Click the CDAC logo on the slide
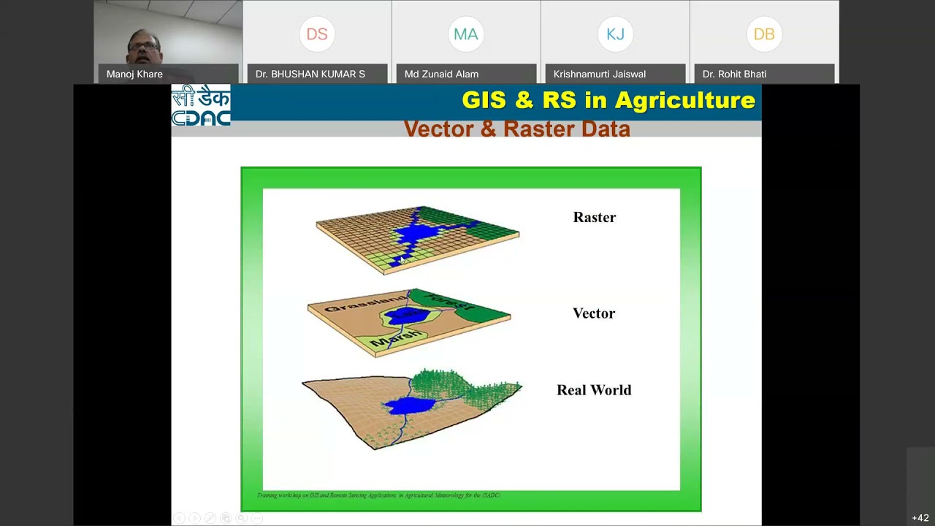coord(201,106)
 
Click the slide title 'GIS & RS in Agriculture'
coord(608,101)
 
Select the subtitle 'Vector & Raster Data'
coord(516,129)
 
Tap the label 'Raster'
coord(594,218)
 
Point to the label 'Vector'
coord(593,313)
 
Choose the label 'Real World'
coord(593,390)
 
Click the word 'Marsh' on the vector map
coord(395,338)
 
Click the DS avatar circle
coord(317,34)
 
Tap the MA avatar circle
coord(466,34)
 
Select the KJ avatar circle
coord(615,34)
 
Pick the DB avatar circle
coord(764,34)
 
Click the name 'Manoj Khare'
coord(134,74)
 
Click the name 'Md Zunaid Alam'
coord(441,74)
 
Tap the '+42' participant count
coord(920,518)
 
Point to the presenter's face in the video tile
coord(144,47)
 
